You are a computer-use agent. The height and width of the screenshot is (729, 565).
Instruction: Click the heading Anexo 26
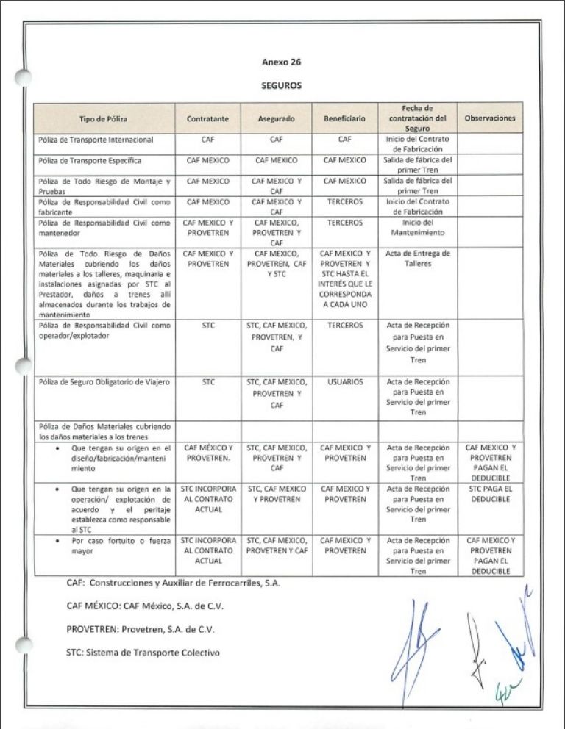pos(282,62)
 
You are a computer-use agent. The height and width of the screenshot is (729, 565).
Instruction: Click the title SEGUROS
pos(282,85)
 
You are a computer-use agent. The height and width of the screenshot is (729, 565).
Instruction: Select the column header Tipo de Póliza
pos(103,118)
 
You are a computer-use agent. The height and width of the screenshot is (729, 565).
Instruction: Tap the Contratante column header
pos(208,118)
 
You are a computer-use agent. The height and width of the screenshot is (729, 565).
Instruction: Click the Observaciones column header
pos(491,118)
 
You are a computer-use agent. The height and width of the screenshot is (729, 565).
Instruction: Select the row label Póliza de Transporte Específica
pos(90,159)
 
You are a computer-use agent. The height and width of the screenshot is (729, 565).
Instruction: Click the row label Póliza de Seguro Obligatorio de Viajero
pos(104,382)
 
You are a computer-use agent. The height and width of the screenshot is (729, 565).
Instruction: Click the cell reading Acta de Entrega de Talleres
pos(417,258)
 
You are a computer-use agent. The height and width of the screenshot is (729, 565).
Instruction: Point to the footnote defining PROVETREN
pos(141,631)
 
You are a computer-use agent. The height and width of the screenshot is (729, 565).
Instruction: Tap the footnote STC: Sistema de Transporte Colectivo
pos(143,653)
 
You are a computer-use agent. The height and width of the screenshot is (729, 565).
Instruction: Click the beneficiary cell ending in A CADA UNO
pos(344,279)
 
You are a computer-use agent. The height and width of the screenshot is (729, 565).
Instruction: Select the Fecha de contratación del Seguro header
pos(417,118)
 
